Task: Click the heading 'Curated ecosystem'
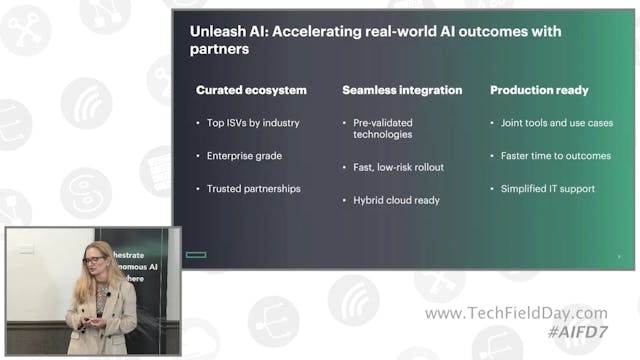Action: point(251,90)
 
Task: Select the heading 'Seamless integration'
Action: point(402,90)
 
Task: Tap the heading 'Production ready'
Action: point(539,90)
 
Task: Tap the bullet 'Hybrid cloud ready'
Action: point(395,200)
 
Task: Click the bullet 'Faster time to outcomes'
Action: point(556,156)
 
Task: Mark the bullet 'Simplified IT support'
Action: point(548,188)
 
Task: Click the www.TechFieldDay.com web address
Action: point(515,314)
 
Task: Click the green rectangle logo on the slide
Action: point(196,255)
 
